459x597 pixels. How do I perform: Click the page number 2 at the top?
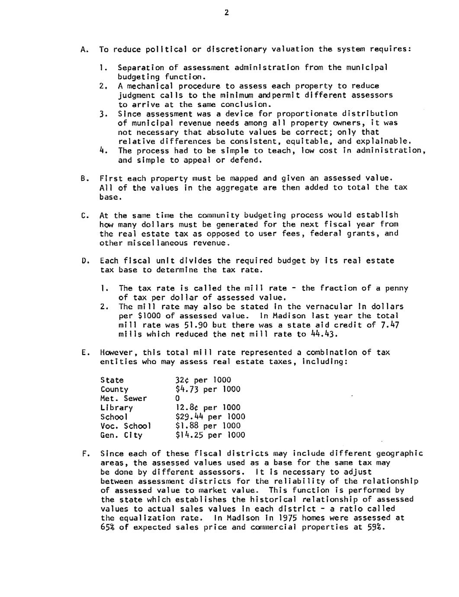[226, 13]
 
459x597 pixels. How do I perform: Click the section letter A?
[83, 49]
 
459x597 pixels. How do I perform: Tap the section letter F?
[85, 454]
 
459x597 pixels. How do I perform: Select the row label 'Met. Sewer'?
[123, 398]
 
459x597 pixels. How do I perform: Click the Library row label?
[116, 408]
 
